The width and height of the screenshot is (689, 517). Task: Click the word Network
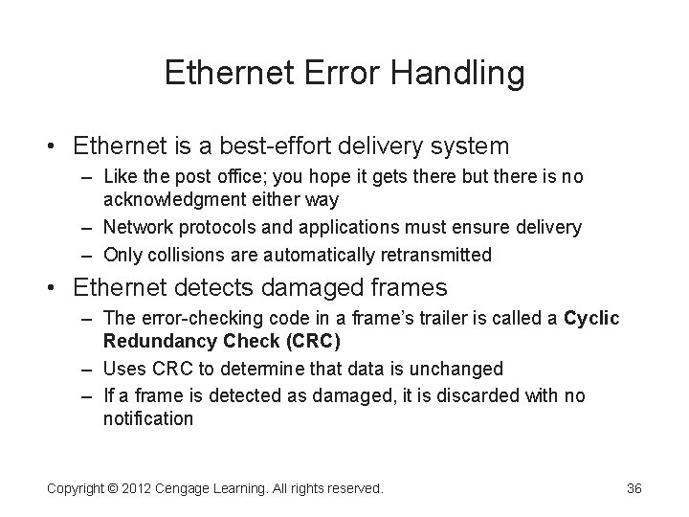[137, 227]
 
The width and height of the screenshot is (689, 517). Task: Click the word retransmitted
[435, 254]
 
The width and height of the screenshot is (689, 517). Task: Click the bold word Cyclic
[592, 319]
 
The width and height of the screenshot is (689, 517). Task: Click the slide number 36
[633, 488]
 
